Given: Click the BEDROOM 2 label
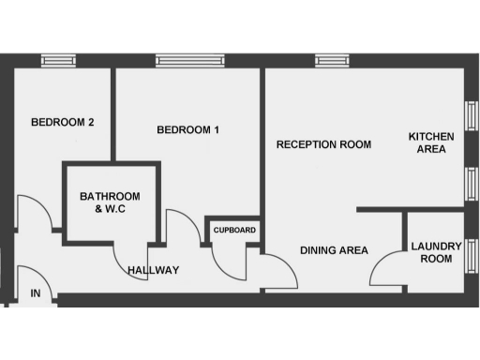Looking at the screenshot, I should (63, 122).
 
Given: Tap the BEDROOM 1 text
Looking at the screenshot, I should (187, 130).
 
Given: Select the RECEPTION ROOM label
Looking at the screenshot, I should (323, 144).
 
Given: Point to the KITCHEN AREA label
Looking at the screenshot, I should (430, 144).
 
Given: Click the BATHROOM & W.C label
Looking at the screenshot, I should (110, 202).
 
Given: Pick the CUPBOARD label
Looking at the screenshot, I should (233, 230).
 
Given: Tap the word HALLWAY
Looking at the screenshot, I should (153, 270).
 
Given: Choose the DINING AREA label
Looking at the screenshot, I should (334, 250).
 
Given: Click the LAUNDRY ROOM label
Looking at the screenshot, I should (436, 252).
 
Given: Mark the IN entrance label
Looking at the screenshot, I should (36, 294).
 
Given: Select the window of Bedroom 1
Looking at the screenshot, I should (190, 60).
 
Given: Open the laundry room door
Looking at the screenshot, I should (385, 271).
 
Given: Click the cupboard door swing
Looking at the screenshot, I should (227, 264).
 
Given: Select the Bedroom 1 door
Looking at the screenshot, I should (178, 227).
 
